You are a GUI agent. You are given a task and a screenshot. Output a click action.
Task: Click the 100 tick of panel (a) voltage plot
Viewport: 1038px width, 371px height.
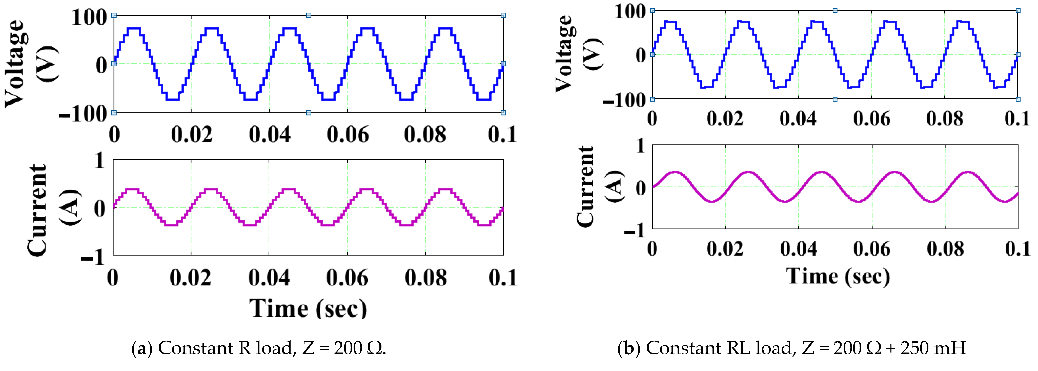pyautogui.click(x=89, y=18)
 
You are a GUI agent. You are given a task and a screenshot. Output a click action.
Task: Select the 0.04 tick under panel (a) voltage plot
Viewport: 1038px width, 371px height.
pyautogui.click(x=270, y=135)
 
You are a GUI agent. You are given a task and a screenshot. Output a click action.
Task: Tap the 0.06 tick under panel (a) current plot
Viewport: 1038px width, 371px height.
pyautogui.click(x=347, y=278)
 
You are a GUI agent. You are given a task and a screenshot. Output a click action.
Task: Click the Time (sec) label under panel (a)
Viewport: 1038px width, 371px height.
pyautogui.click(x=308, y=309)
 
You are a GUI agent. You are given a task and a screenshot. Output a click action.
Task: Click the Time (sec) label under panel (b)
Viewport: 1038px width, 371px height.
pyautogui.click(x=838, y=277)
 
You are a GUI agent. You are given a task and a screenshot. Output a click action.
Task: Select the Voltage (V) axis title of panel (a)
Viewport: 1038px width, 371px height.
pyautogui.click(x=30, y=64)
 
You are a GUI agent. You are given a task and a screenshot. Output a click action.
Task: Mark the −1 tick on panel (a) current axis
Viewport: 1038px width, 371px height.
pyautogui.click(x=93, y=257)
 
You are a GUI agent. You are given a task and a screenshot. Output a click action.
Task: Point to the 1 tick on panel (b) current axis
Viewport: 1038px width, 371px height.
pyautogui.click(x=641, y=146)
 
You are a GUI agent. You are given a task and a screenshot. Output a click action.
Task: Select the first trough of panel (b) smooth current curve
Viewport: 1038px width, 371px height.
pyautogui.click(x=713, y=201)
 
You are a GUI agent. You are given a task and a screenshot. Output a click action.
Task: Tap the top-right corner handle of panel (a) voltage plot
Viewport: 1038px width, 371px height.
pyautogui.click(x=503, y=15)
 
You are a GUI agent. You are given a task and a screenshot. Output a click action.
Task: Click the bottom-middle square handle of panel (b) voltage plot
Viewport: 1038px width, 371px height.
pyautogui.click(x=835, y=99)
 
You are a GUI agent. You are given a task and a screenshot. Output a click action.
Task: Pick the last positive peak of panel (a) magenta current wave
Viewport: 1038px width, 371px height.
pyautogui.click(x=445, y=189)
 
